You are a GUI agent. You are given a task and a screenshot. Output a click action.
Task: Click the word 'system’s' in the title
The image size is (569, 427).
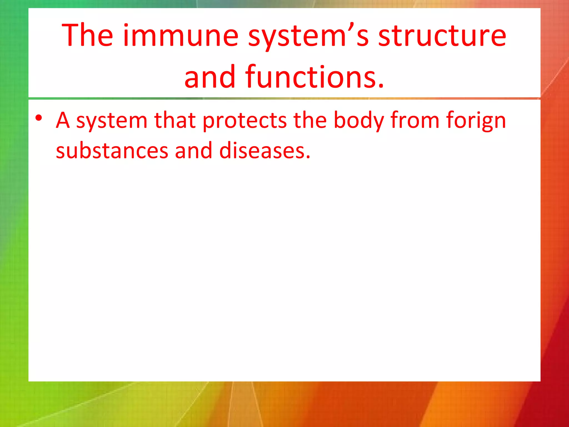click(308, 36)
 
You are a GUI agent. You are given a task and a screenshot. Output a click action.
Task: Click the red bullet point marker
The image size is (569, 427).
click(39, 118)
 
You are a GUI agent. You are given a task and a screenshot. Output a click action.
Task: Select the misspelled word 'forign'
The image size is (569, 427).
click(476, 121)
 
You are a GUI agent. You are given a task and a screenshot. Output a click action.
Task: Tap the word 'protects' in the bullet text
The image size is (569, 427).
click(244, 121)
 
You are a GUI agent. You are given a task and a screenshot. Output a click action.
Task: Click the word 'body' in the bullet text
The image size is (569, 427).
click(359, 121)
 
